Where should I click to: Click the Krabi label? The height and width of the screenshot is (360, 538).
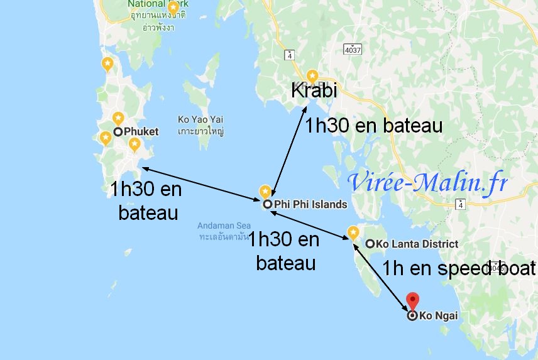(x=314, y=90)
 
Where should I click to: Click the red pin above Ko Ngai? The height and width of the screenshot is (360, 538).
(x=412, y=300)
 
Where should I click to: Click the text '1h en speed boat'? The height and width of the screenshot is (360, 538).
(x=459, y=269)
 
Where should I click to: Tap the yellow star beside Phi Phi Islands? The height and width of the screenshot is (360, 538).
(x=265, y=192)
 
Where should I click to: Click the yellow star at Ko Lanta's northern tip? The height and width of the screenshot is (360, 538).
(x=353, y=232)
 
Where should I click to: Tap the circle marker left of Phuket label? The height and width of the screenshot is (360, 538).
(x=118, y=132)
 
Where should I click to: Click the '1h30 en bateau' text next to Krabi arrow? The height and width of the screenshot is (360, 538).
(x=373, y=125)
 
